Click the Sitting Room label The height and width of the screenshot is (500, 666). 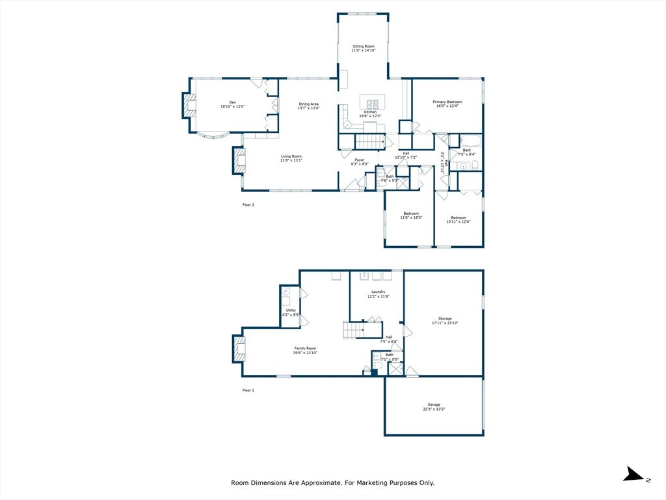pos(364,49)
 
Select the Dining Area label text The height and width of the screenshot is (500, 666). pos(308,106)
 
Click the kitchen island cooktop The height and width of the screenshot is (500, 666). pos(373,103)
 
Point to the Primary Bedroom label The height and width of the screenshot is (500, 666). pos(447,104)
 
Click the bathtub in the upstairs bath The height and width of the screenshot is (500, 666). pos(469,140)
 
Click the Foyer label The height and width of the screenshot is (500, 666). pos(359,161)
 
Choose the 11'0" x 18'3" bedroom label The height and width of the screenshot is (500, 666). pos(411,215)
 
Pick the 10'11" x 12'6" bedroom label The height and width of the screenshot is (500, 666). pos(458,219)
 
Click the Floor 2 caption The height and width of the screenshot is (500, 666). pos(248,205)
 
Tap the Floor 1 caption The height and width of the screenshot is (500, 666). pos(248,390)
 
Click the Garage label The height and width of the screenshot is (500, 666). pos(434,407)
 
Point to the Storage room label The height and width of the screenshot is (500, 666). pos(445,320)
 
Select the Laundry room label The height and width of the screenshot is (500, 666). pos(378,294)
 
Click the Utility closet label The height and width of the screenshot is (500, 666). pos(291,312)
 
